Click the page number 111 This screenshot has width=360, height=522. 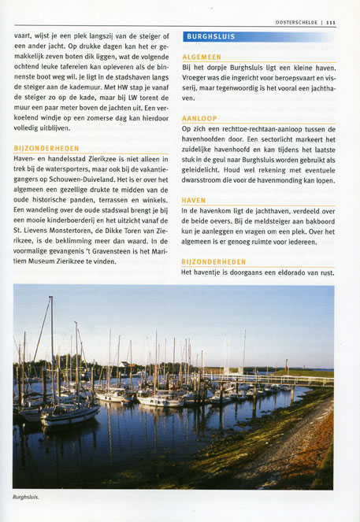330,23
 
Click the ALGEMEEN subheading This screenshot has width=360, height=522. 201,57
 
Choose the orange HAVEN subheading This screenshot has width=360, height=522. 193,201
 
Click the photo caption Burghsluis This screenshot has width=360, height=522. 26,498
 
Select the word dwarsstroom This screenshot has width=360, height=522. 206,180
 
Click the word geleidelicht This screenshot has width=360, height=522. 202,170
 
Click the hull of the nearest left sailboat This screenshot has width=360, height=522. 67,415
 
